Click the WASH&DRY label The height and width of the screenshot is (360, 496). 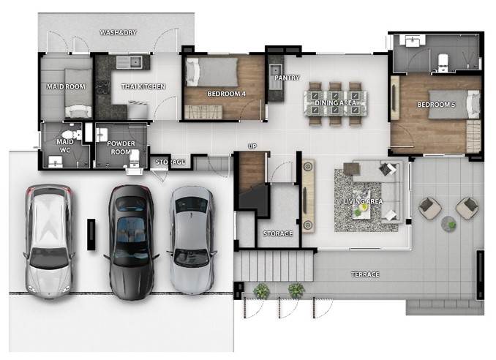tap(118, 32)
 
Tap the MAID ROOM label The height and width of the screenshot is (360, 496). tap(66, 86)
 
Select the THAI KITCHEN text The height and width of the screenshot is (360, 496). tap(143, 86)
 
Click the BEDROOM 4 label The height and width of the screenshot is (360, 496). tap(227, 94)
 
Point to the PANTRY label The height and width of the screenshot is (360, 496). tap(287, 78)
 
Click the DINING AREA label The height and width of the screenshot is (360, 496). tap(335, 103)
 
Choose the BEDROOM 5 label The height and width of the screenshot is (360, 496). tap(436, 105)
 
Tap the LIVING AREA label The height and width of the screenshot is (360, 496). tap(363, 201)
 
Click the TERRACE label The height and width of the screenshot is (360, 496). tap(365, 274)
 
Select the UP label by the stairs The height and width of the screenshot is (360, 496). tap(252, 146)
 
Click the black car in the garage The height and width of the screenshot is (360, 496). tap(131, 242)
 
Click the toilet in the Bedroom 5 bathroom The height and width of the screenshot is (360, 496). tap(443, 62)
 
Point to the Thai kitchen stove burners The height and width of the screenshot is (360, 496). tap(103, 88)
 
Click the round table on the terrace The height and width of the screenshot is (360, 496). tap(448, 223)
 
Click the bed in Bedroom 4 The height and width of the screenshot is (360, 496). tap(211, 72)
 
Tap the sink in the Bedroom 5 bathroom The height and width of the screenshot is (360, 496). tap(412, 40)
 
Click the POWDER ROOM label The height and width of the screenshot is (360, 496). tap(121, 148)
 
